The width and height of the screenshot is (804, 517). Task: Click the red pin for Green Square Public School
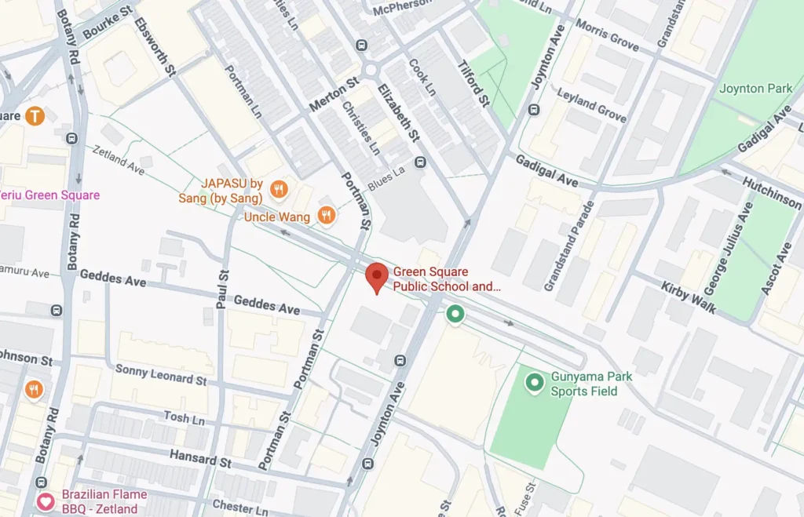point(378,277)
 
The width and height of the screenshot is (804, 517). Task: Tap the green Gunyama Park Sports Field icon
point(535,383)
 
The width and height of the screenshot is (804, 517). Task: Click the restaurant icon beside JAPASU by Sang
point(277,189)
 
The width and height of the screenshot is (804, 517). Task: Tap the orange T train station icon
point(34,116)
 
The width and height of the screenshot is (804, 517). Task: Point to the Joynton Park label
point(755,89)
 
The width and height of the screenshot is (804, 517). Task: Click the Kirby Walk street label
point(688,297)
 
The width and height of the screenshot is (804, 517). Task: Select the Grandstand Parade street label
point(569,246)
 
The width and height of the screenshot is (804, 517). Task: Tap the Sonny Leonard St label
point(160,374)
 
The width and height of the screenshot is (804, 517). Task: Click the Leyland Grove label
point(591,105)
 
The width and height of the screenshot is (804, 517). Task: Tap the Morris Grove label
point(607,34)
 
